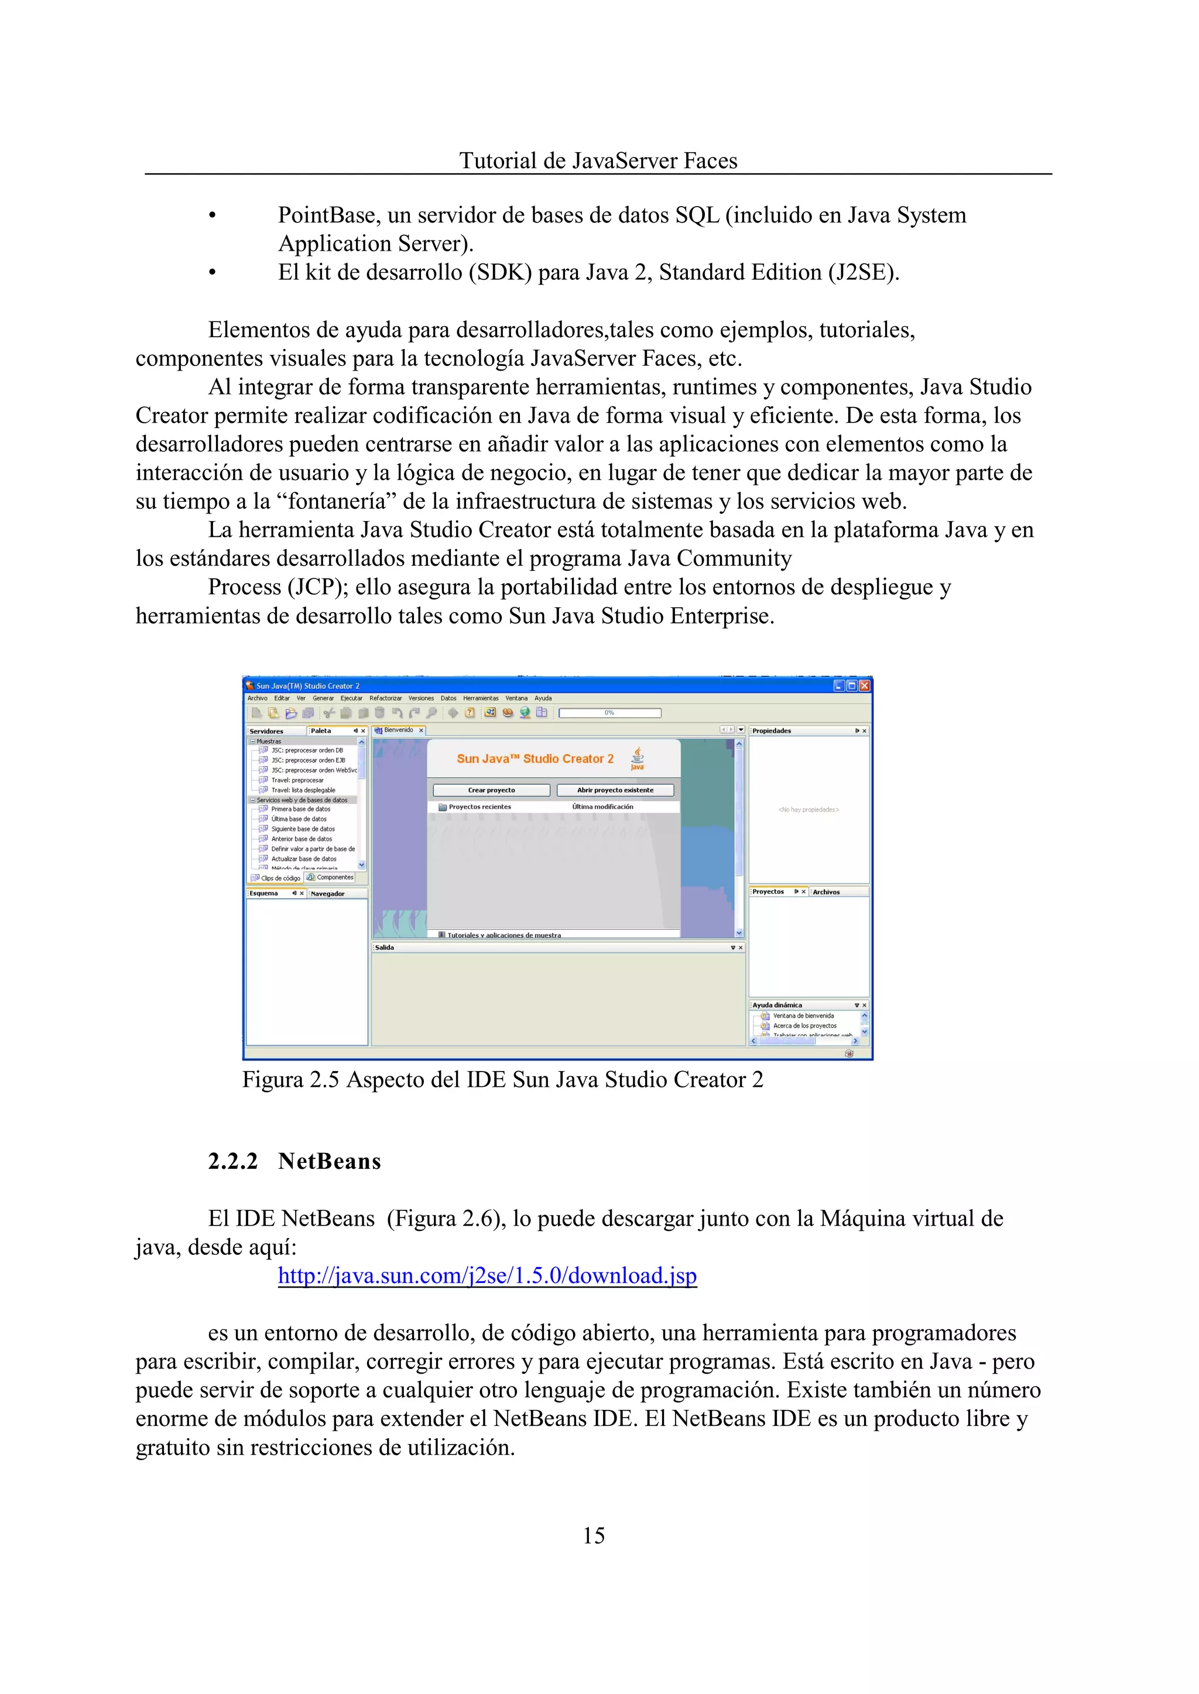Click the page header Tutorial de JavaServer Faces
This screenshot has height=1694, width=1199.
pos(598,161)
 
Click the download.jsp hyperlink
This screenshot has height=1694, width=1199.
pos(487,1275)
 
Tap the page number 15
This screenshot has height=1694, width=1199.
pos(594,1535)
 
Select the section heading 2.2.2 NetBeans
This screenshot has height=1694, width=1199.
pos(294,1162)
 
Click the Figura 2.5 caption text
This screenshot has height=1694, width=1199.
pos(502,1080)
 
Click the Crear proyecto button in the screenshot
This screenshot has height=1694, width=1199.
pos(492,790)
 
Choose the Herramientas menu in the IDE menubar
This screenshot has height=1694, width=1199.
pos(481,698)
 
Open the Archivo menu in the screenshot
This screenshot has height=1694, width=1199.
pos(257,698)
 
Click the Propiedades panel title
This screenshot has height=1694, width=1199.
pos(772,730)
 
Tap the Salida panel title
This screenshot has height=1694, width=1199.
pos(385,947)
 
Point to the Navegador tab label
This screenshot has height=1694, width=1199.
pos(328,894)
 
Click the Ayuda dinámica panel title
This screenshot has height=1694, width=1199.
pos(777,1005)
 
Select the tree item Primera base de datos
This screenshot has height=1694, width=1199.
pos(300,809)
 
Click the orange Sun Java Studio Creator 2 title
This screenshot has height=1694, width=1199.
pos(535,758)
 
